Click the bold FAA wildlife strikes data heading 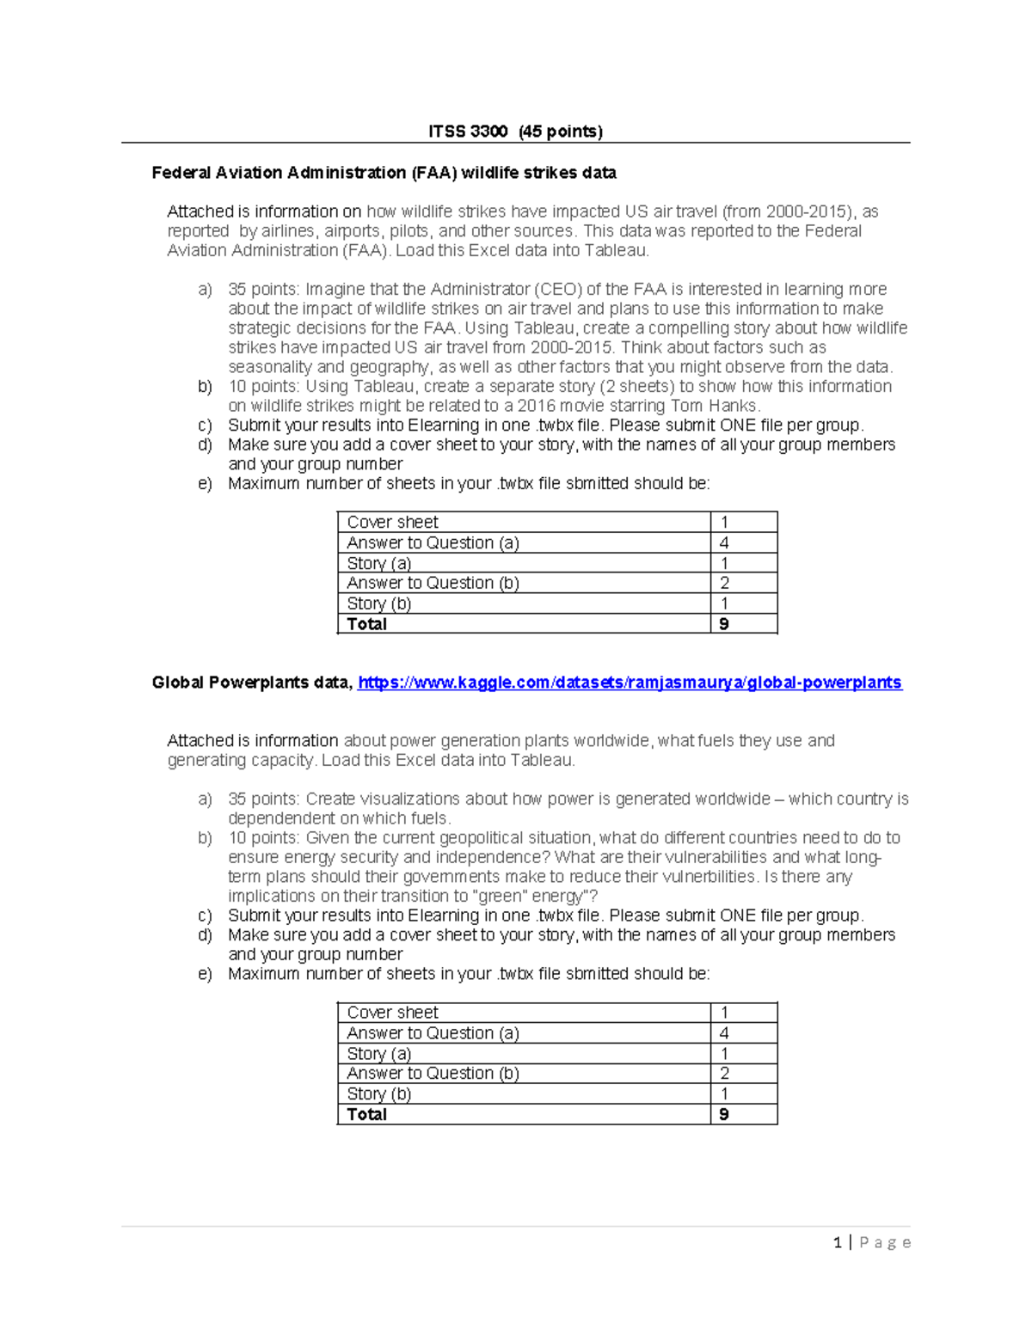point(384,173)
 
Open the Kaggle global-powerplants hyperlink point(630,683)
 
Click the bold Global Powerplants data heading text point(251,683)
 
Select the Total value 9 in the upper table point(724,624)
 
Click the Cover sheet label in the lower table point(392,1013)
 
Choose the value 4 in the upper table point(724,543)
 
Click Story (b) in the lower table point(378,1094)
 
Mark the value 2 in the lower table point(724,1074)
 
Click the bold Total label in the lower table point(366,1114)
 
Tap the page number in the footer point(837,1242)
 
